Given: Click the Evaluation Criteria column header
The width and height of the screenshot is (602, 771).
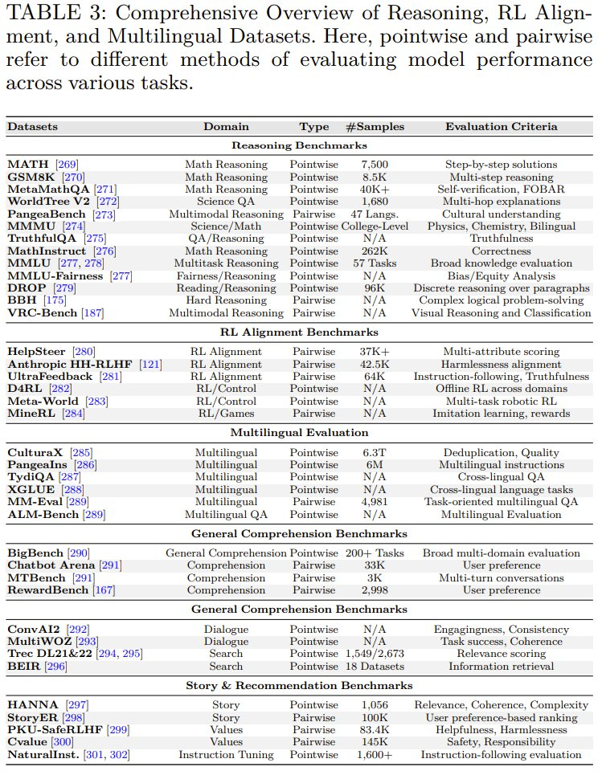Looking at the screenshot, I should [x=501, y=126].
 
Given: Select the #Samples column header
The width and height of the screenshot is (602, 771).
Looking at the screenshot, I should [x=375, y=126].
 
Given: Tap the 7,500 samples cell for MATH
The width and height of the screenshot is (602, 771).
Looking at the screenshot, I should [x=375, y=165].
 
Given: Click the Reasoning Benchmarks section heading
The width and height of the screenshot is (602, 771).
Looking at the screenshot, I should [x=299, y=145].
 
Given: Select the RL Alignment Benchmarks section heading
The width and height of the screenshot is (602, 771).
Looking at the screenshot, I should [x=299, y=332].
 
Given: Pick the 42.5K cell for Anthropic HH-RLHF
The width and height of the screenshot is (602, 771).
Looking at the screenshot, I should [x=375, y=364].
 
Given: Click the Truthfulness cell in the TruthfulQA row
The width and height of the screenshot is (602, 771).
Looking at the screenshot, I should [x=501, y=239].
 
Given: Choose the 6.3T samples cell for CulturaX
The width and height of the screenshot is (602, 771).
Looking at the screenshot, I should [x=375, y=452].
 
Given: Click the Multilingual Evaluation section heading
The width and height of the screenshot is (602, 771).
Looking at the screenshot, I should [x=299, y=433].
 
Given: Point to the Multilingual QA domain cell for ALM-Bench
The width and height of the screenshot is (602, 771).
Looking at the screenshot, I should [x=226, y=514].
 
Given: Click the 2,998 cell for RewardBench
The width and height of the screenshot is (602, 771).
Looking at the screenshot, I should [x=375, y=589].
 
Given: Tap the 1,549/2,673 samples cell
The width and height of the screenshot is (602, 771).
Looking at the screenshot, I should [x=375, y=654].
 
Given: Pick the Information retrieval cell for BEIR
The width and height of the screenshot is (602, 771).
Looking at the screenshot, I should [x=501, y=666].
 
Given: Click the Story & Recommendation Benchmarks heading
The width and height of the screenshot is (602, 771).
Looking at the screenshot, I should [x=299, y=685].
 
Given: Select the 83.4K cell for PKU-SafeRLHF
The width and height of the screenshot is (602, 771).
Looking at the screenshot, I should [x=375, y=729].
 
